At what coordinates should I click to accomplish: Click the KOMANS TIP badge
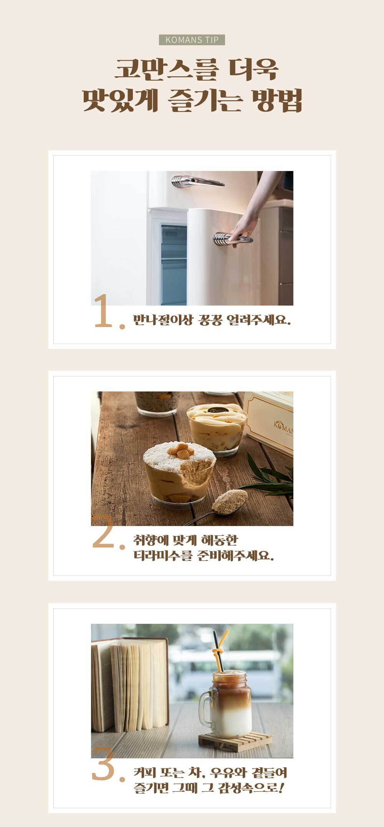[x=192, y=40]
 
